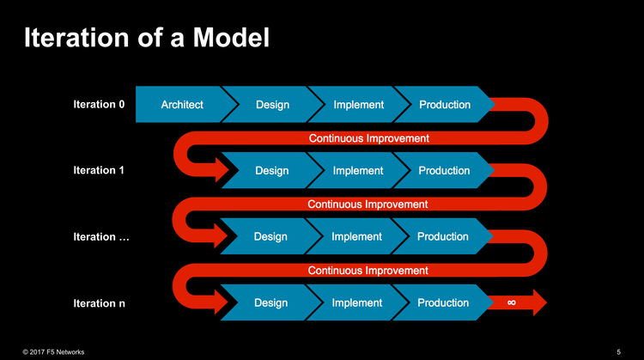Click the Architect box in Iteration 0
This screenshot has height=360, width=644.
click(x=182, y=105)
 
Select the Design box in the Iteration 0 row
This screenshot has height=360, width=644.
click(x=272, y=105)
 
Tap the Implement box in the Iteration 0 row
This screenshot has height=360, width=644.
click(x=358, y=105)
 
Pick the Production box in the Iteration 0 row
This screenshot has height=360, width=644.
click(x=445, y=105)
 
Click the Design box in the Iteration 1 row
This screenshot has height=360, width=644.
click(x=272, y=170)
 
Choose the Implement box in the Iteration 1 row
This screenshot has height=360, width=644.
click(x=358, y=170)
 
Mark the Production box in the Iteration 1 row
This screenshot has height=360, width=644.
click(x=444, y=170)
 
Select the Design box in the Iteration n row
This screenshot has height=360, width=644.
click(x=271, y=302)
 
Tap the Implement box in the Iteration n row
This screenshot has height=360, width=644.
click(x=356, y=302)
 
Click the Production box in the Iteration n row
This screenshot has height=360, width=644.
click(x=443, y=302)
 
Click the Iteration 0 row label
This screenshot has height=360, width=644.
click(x=100, y=105)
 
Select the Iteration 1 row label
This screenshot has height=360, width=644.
click(x=100, y=170)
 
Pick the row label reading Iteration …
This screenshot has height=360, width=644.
click(x=101, y=236)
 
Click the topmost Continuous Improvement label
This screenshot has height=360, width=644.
click(x=368, y=137)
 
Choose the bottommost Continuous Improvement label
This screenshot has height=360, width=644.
click(x=368, y=270)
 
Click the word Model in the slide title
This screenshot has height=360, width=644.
click(x=226, y=39)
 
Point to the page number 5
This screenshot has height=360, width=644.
click(x=619, y=352)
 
